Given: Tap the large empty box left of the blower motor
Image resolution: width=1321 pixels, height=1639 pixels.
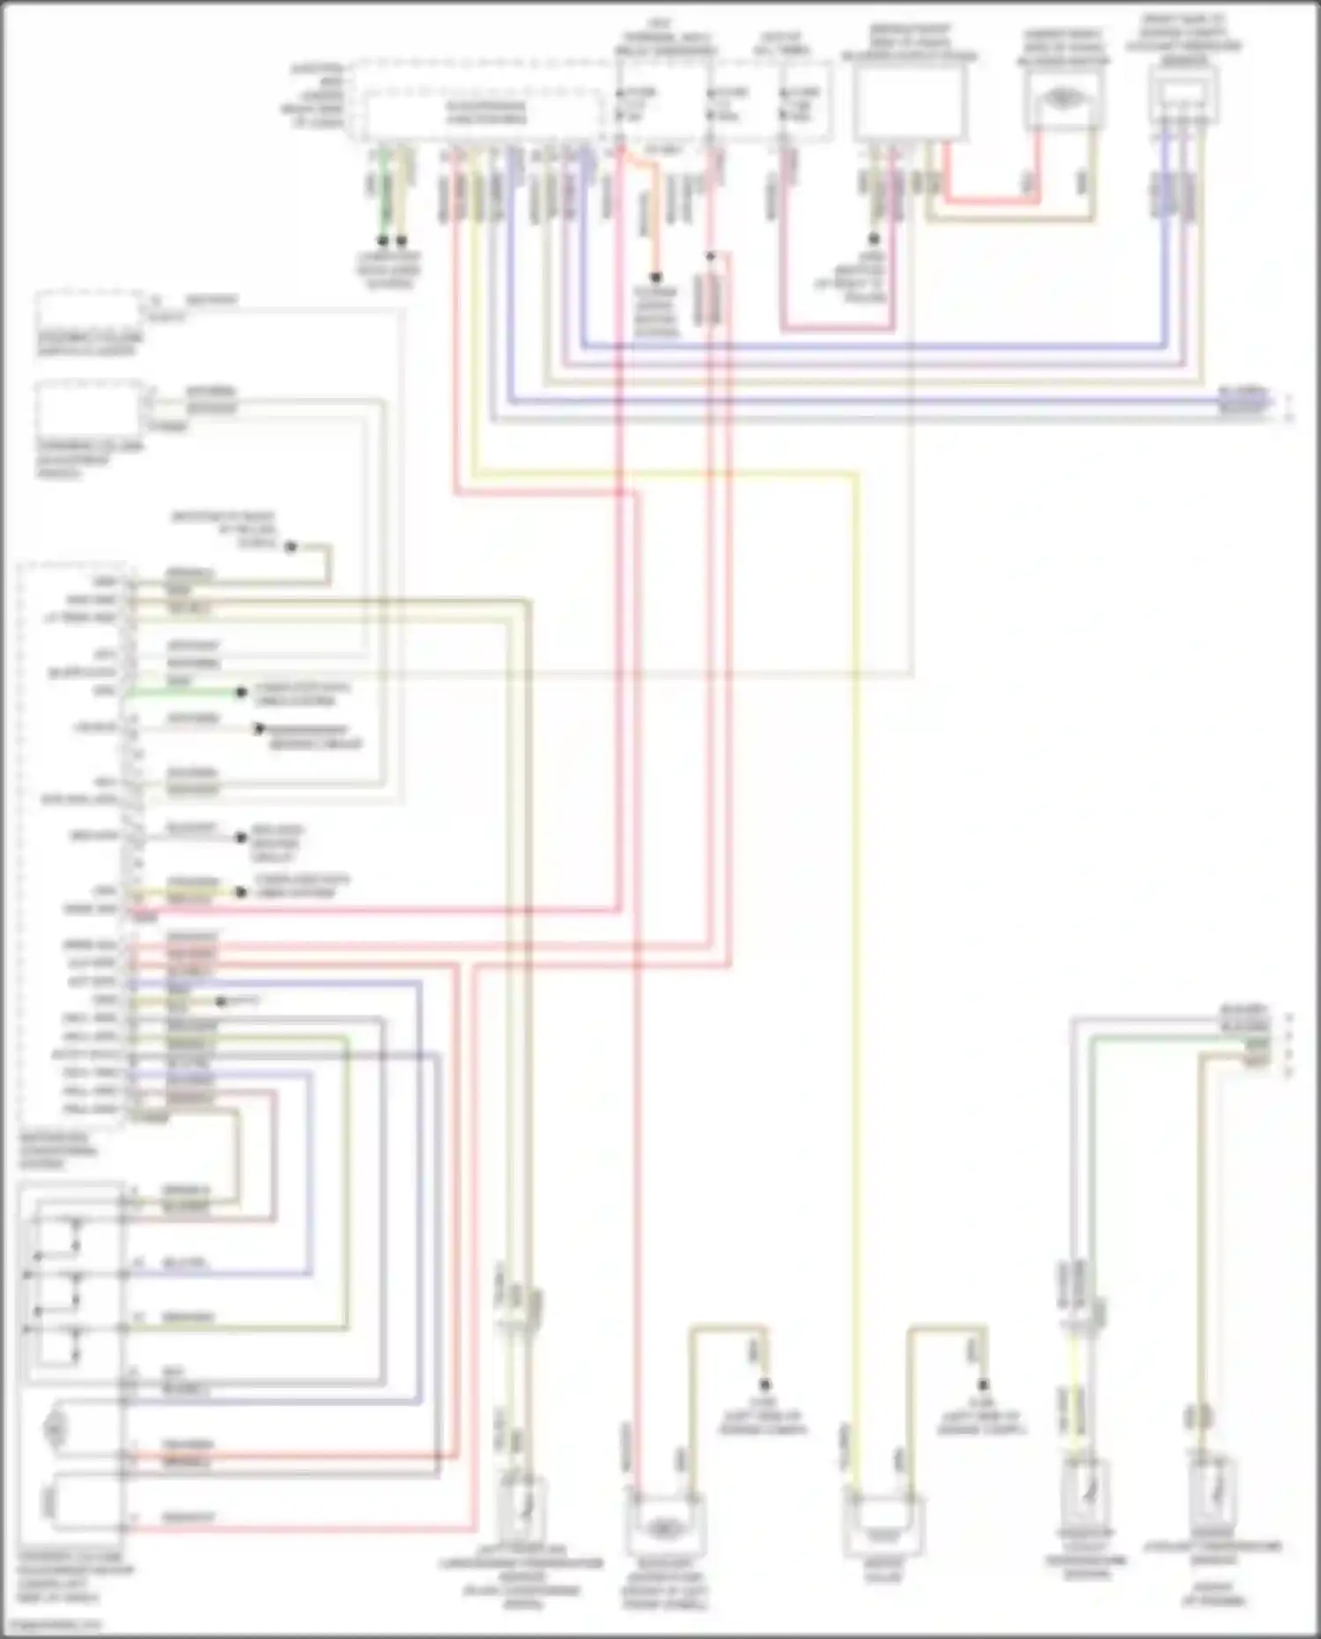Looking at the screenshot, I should pos(910,104).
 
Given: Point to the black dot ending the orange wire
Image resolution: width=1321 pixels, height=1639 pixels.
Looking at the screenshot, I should pos(655,277).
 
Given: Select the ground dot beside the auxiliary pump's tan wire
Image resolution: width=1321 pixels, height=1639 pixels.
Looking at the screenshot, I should pos(765,1384).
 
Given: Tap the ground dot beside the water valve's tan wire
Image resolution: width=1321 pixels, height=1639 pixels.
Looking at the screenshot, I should pos(984,1384).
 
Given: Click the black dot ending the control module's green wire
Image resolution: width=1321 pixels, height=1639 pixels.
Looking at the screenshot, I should pos(240,693).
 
